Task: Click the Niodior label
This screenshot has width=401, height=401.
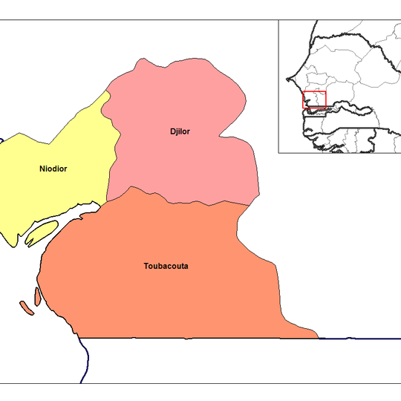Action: (x=53, y=169)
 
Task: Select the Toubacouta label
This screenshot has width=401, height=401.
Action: (x=166, y=266)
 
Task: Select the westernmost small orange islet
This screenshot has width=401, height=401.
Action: (x=25, y=307)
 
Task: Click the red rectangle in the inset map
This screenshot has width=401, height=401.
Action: (x=314, y=100)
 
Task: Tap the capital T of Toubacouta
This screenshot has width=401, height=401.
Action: (x=146, y=266)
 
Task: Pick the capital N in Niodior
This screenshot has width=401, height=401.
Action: (x=42, y=169)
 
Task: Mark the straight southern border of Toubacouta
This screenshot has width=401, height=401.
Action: (x=200, y=339)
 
